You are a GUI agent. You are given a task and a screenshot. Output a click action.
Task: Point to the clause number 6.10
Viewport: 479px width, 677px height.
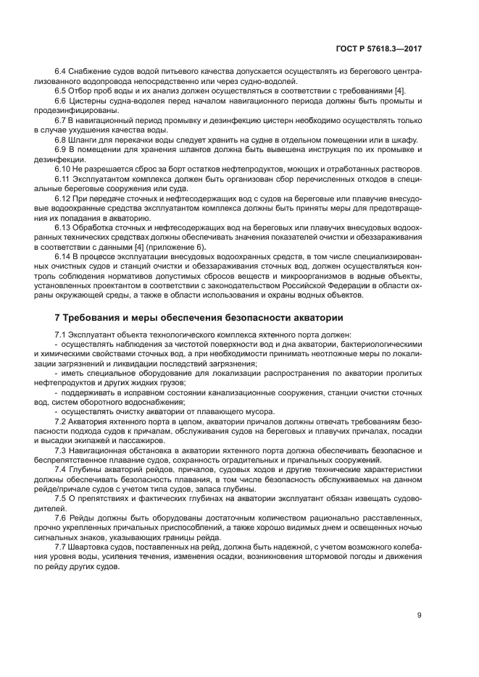point(64,169)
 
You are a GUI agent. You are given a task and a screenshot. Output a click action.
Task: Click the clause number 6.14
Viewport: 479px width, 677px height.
point(64,256)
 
